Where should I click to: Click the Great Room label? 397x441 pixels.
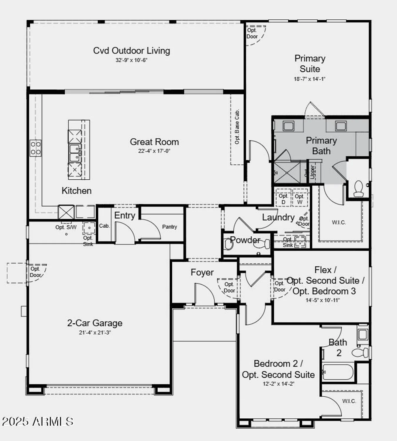pos(154,142)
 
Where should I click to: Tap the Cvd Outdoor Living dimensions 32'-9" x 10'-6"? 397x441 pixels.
pos(131,60)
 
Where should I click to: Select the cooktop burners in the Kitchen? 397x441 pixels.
pos(36,148)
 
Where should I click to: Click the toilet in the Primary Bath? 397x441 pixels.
pos(358,188)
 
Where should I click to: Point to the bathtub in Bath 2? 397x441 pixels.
pos(338,372)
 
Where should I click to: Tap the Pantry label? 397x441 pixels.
pos(169,227)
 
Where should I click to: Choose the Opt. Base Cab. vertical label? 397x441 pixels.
pos(237,127)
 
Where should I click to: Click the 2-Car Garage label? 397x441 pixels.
pos(95,323)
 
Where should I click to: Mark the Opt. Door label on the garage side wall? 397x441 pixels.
pos(35,272)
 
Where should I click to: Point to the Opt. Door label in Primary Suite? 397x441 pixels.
pos(252,33)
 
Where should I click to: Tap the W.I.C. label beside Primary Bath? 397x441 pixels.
pos(339,223)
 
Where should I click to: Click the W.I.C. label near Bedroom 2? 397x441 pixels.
pos(349,401)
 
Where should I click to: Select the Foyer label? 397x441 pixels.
pos(202,273)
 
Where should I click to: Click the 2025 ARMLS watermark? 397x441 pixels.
pos(38,421)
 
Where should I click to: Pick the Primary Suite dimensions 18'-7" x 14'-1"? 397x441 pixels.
pos(309,79)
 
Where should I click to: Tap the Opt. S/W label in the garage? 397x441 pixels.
pos(66,227)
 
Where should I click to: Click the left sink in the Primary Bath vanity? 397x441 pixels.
pos(288,126)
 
